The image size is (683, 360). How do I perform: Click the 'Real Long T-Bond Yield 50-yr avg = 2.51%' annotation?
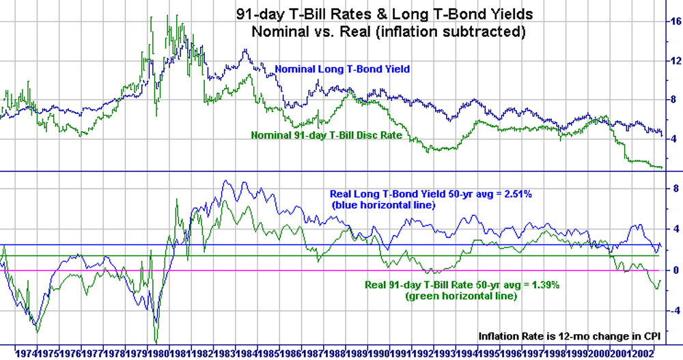click(431, 194)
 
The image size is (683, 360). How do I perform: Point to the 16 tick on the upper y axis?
click(673, 22)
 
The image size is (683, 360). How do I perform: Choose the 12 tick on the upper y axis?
click(673, 61)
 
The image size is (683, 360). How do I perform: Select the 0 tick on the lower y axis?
click(673, 270)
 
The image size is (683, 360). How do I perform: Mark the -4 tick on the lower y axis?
click(672, 310)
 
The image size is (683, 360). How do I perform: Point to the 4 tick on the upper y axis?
click(673, 139)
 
